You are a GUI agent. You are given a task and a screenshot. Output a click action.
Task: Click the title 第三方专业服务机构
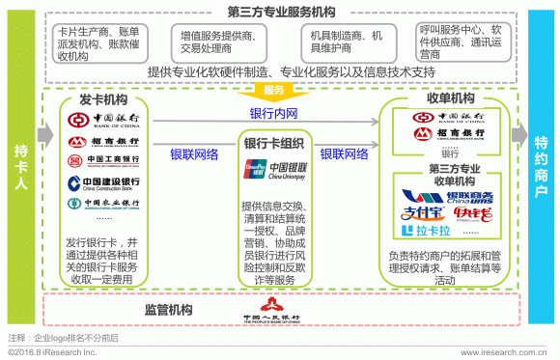pyautogui.click(x=279, y=12)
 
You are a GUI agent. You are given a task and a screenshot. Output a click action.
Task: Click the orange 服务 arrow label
pyautogui.click(x=274, y=91)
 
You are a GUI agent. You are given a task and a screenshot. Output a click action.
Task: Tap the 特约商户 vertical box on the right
pyautogui.click(x=541, y=169)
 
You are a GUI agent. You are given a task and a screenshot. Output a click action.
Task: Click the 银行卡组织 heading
pyautogui.click(x=274, y=144)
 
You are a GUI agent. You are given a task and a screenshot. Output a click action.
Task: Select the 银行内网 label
pyautogui.click(x=274, y=114)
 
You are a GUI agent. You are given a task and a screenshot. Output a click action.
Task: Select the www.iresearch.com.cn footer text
pyautogui.click(x=506, y=353)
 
